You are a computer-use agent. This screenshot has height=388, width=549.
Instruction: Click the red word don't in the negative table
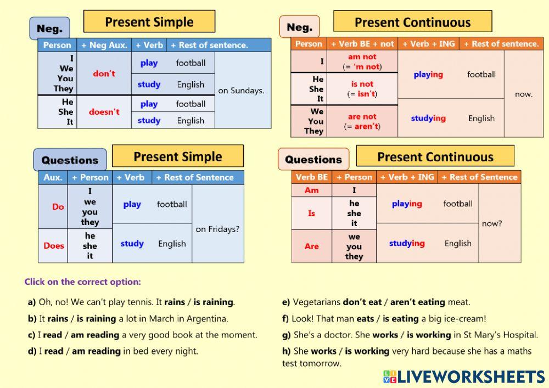[x=104, y=74]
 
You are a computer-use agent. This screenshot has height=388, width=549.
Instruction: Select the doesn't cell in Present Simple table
[x=104, y=112]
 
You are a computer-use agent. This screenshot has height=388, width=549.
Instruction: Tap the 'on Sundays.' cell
[x=241, y=91]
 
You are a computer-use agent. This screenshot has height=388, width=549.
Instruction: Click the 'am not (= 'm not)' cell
[x=362, y=61]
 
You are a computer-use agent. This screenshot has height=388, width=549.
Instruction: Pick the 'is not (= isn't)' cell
[x=362, y=89]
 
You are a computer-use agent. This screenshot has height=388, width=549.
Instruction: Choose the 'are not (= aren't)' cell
[x=362, y=121]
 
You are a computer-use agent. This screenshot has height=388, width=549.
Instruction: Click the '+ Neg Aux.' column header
[x=104, y=45]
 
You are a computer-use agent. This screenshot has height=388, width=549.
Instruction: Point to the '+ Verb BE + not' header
[x=362, y=44]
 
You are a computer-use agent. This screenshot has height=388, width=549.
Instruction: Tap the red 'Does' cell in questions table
[x=54, y=246]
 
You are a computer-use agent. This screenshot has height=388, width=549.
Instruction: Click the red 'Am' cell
[x=311, y=190]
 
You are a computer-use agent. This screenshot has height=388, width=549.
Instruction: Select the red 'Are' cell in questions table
[x=311, y=246]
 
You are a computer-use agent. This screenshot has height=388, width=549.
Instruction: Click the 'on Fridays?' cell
[x=217, y=229]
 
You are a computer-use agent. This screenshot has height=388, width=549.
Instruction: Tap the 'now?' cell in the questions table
[x=492, y=223]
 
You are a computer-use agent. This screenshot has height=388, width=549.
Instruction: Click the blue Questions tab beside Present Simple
[x=70, y=160]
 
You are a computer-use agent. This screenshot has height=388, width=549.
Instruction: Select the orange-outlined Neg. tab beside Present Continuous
[x=299, y=27]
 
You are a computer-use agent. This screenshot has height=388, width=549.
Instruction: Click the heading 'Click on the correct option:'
[x=82, y=282]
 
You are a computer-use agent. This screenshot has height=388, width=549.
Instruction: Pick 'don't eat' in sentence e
[x=361, y=302]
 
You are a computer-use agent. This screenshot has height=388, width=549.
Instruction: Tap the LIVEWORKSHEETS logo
[x=464, y=376]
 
